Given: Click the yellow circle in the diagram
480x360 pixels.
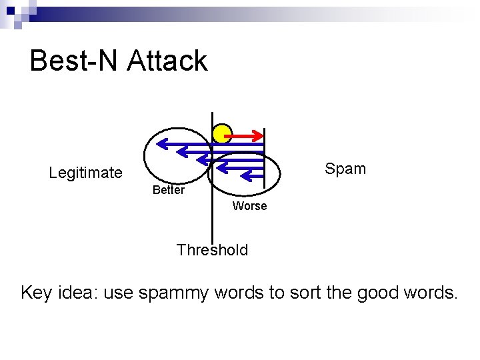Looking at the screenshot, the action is click(x=222, y=134).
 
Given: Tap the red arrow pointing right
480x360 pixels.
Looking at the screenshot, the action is click(x=244, y=137).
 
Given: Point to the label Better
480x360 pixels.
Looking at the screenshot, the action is click(x=168, y=190).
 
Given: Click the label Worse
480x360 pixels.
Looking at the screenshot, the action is click(x=249, y=206).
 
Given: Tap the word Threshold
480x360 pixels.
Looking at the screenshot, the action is click(x=212, y=250).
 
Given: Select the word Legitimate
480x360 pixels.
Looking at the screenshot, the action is click(x=85, y=173).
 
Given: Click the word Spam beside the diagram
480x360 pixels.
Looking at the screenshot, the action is click(x=345, y=169).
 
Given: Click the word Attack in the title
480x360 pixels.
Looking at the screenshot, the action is click(x=167, y=61).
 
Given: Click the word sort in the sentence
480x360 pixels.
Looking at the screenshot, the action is click(x=303, y=292).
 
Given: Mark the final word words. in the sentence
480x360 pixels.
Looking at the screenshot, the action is click(x=432, y=292).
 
